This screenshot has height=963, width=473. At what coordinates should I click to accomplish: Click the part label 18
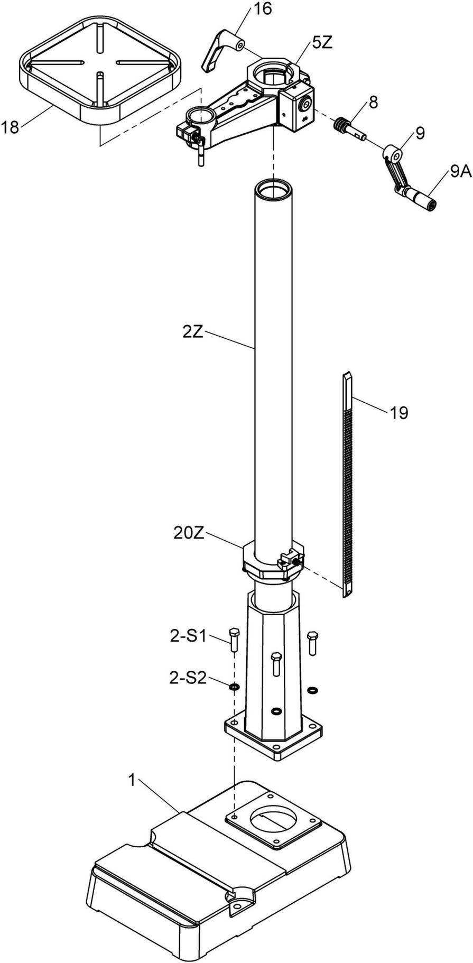pos(11,127)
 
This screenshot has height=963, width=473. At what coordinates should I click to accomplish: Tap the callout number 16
pos(262,9)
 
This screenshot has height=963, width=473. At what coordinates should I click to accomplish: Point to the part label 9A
pos(461,172)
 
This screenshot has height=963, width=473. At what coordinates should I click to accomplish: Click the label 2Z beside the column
pos(193,332)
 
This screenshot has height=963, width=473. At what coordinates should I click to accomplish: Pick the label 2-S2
pos(188,678)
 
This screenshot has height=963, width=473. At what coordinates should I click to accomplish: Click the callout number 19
pos(399,412)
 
